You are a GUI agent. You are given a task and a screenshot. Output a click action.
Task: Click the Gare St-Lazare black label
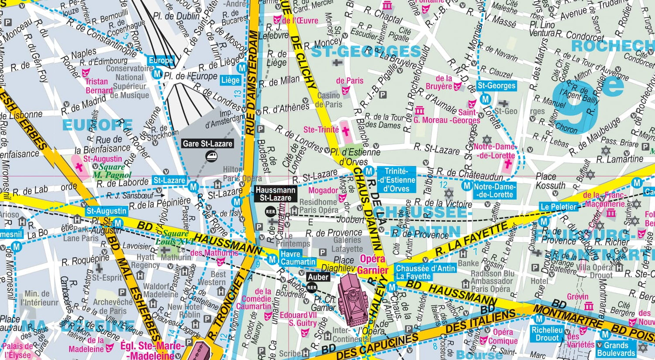click(x=207, y=144)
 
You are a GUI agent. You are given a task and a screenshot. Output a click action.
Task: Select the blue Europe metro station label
click(x=161, y=61)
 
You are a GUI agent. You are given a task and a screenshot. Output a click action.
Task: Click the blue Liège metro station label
click(x=230, y=80)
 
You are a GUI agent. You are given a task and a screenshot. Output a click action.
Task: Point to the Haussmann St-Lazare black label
click(x=276, y=194)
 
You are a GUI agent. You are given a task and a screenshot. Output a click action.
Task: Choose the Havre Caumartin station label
click(x=297, y=258)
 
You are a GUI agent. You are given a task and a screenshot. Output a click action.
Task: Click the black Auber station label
click(x=318, y=277)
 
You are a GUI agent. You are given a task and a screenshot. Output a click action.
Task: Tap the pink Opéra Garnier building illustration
click(x=355, y=299)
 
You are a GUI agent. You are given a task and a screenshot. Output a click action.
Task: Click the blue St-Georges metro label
click(x=496, y=86)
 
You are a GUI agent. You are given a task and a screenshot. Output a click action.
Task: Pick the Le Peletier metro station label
click(x=558, y=207)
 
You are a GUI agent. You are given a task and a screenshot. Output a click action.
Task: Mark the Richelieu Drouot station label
click(x=547, y=334)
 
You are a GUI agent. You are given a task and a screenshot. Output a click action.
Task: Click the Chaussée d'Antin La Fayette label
click(x=425, y=272)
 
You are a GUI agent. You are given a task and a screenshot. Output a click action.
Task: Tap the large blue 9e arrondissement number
click(x=585, y=98)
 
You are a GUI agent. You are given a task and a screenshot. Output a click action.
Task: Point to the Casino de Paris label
click(x=328, y=100)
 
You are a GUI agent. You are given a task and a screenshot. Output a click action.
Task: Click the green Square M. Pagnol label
click(x=112, y=171)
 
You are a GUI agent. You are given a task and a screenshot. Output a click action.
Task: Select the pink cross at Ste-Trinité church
click(x=345, y=130)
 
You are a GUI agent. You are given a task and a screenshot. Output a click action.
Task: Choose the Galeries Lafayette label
click(x=347, y=245)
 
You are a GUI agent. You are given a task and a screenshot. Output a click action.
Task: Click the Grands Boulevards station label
click(x=616, y=349)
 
